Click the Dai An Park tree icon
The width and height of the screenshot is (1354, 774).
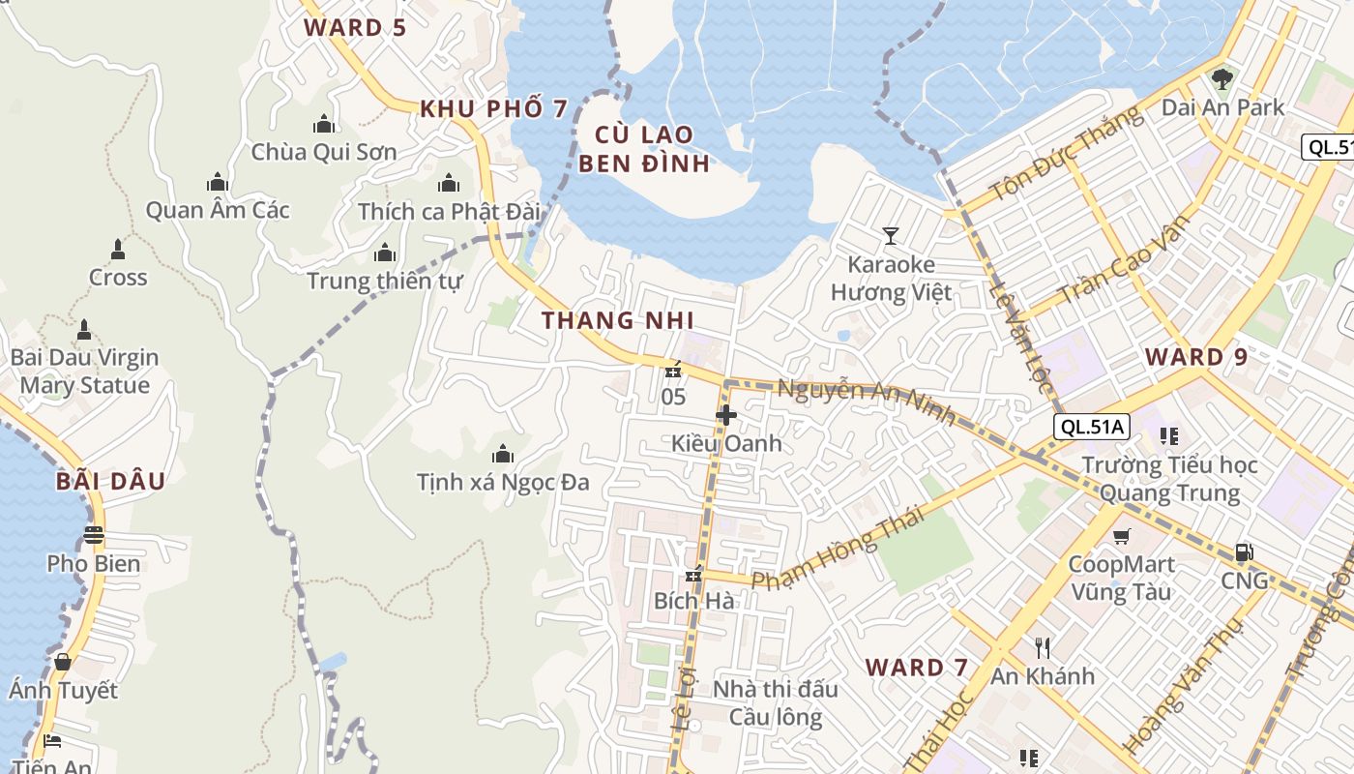pos(1222,77)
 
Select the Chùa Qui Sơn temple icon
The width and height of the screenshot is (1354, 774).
pos(324,124)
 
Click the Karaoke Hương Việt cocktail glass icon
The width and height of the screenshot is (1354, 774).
pos(890,235)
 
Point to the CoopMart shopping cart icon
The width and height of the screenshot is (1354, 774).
pos(1121,536)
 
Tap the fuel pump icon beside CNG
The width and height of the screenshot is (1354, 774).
pos(1244,552)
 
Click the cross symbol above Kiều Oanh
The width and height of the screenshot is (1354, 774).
pos(725,415)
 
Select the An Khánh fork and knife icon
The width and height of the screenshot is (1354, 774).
pos(1042,647)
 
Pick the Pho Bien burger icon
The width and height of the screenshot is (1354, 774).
pos(94,535)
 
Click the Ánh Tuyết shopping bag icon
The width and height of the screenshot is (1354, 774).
pos(63,662)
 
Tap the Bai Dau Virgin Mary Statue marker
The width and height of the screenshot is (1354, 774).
pos(84,329)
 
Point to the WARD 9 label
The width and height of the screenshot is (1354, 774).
pos(1196,357)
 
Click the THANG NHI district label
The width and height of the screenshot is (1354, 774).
pos(617,320)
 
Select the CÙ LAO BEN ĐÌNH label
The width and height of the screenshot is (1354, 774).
pos(643,148)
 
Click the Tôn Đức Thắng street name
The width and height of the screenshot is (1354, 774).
pos(1066,155)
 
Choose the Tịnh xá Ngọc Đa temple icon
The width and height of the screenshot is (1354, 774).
pos(502,454)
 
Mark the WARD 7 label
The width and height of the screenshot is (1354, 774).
pos(916,667)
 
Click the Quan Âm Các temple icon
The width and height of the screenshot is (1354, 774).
pos(217,182)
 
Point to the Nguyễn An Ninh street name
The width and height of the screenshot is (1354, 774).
pos(867,402)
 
